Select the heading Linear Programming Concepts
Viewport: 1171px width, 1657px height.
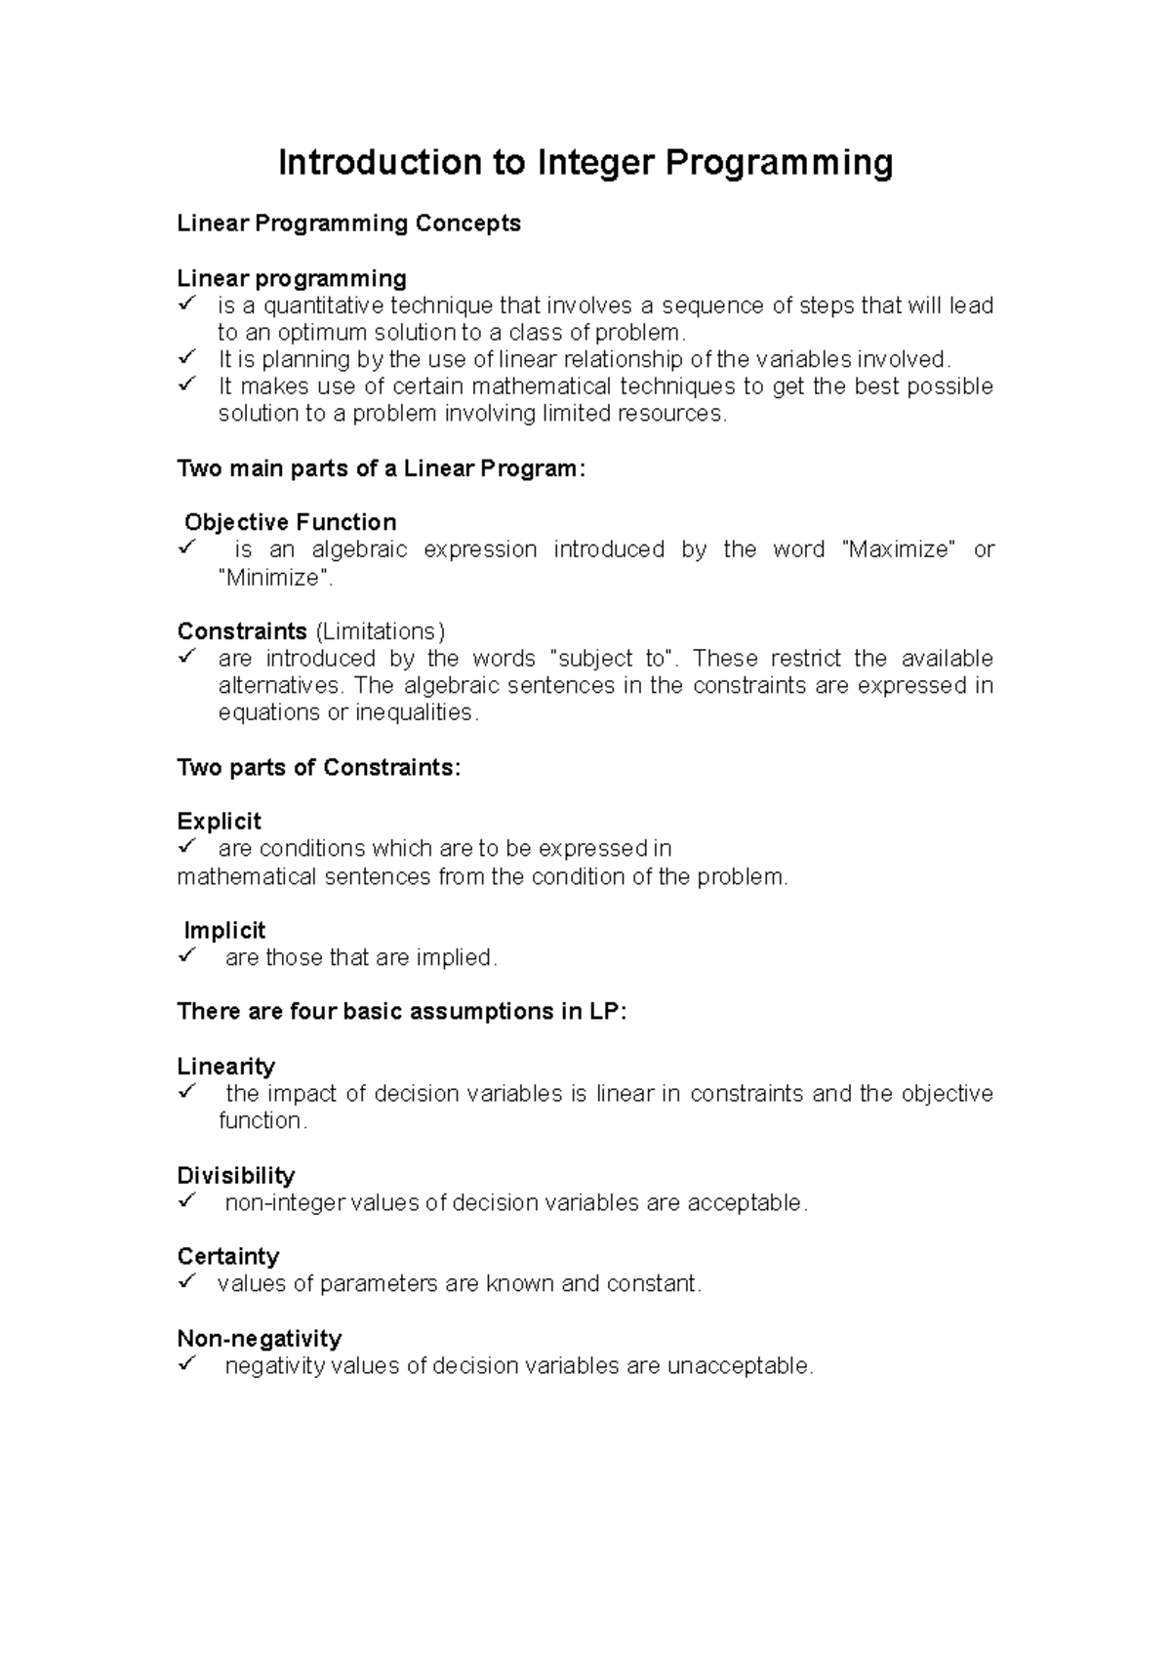348,223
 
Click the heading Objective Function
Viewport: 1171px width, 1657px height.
290,522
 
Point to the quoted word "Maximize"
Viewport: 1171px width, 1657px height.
898,549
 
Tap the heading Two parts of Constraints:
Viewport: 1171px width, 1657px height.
318,768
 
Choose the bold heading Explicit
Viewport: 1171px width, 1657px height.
220,822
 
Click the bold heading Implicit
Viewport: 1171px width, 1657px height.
224,931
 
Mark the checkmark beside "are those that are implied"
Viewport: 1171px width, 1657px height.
188,955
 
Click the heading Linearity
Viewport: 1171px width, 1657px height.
225,1067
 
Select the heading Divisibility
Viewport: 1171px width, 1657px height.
235,1176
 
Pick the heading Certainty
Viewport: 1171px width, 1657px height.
227,1257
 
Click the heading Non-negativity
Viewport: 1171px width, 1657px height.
259,1339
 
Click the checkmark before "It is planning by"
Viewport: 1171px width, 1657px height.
188,357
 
